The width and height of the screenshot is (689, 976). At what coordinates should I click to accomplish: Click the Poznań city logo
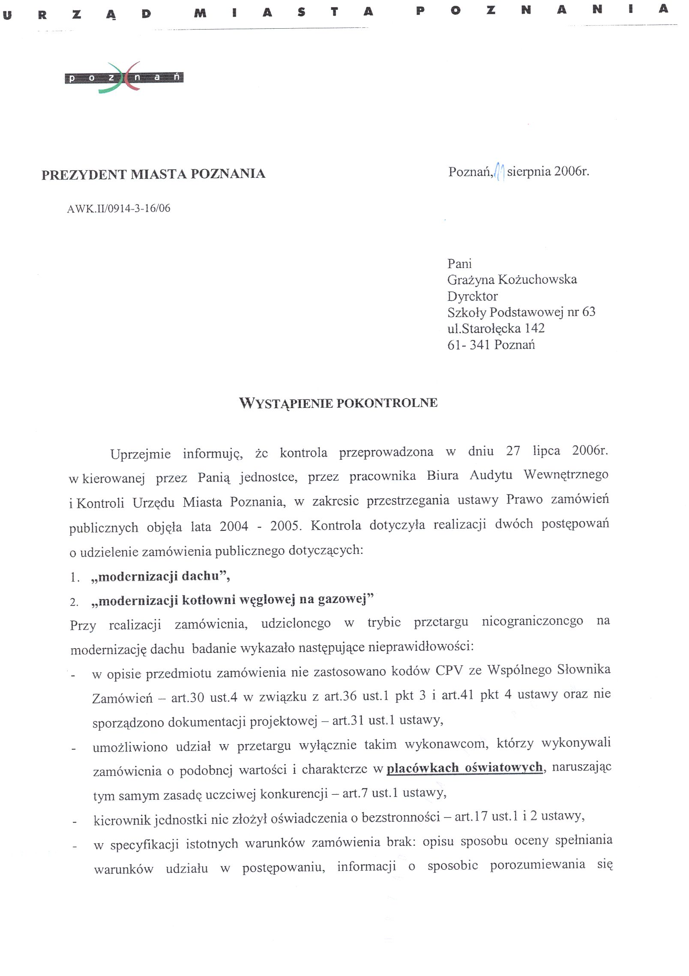124,78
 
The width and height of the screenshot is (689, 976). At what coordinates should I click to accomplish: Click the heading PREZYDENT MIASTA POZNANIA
153,174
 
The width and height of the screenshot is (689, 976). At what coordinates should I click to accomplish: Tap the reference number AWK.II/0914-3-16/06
119,209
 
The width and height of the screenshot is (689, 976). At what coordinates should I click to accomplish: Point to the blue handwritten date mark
499,172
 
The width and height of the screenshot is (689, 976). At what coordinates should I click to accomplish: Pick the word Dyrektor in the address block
473,296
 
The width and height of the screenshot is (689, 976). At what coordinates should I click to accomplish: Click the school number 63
588,312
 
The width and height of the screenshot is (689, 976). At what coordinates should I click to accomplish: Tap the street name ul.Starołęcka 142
496,329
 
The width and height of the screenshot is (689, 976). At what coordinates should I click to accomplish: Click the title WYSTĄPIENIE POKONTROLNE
338,403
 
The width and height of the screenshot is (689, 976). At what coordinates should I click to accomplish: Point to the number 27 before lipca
513,451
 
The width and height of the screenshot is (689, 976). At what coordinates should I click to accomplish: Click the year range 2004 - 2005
261,526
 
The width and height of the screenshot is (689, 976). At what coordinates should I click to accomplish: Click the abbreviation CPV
449,670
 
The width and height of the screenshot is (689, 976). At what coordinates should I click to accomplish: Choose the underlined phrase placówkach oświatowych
464,767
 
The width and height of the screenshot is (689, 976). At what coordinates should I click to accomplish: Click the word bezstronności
401,817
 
